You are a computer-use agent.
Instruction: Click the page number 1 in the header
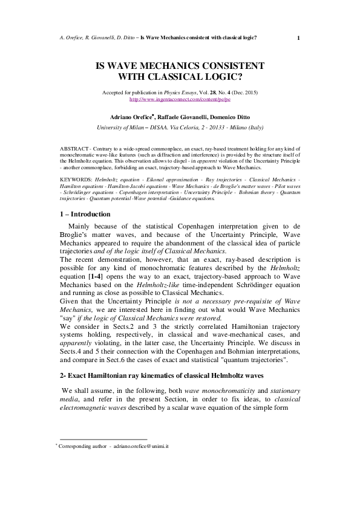tap(299, 37)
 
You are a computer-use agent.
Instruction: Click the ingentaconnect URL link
tap(180, 99)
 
